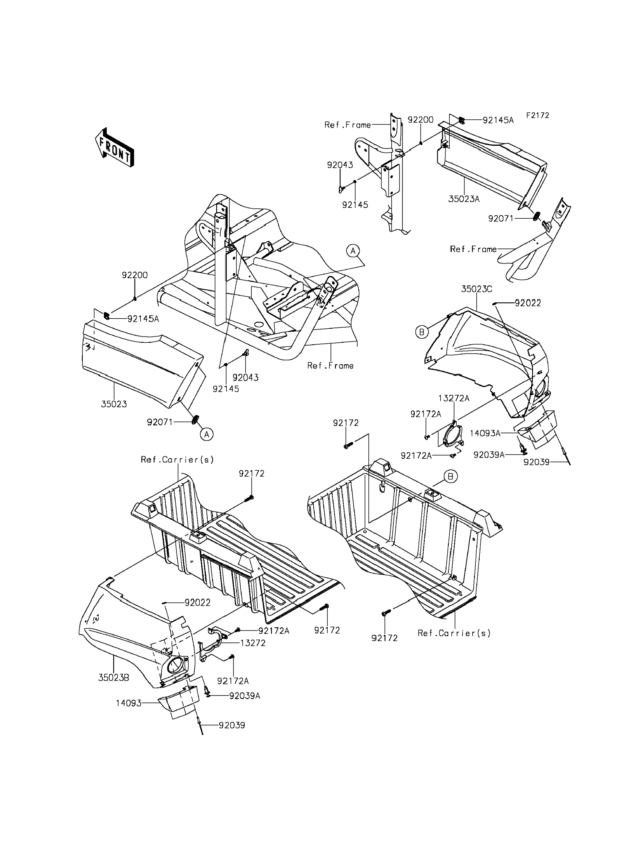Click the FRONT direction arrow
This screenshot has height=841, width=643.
pyautogui.click(x=114, y=147)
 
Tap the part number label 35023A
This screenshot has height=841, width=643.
pyautogui.click(x=464, y=199)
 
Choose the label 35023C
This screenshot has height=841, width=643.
pyautogui.click(x=476, y=289)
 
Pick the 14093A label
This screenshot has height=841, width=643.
pyautogui.click(x=485, y=433)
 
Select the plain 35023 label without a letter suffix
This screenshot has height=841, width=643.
pyautogui.click(x=114, y=404)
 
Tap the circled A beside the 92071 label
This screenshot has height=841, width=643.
pyautogui.click(x=207, y=434)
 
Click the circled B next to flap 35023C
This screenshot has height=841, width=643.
pyautogui.click(x=422, y=332)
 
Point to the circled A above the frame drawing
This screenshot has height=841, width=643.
pyautogui.click(x=353, y=251)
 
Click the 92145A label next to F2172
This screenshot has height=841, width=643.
pyautogui.click(x=498, y=120)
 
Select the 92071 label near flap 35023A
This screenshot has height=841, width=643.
pyautogui.click(x=501, y=219)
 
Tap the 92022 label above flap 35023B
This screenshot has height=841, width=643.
pyautogui.click(x=197, y=603)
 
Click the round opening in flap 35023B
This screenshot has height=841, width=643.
pyautogui.click(x=176, y=665)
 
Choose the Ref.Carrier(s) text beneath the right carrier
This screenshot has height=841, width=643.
pyautogui.click(x=454, y=633)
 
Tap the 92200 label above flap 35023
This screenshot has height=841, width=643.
pyautogui.click(x=135, y=275)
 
